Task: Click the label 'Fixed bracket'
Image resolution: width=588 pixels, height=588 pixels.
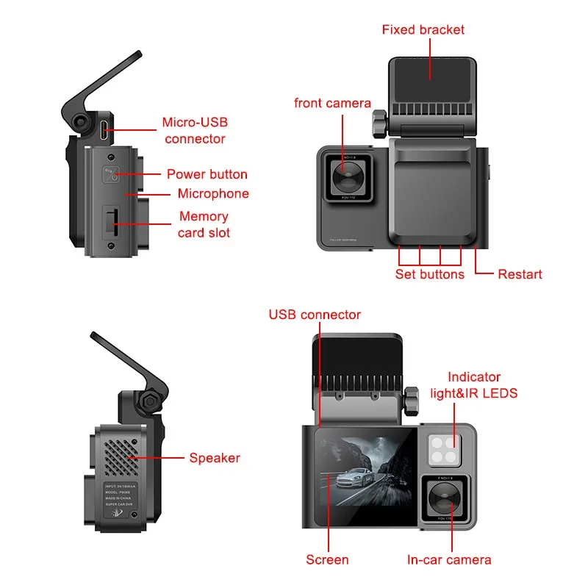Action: pyautogui.click(x=423, y=30)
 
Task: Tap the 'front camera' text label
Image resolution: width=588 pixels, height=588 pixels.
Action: pyautogui.click(x=332, y=104)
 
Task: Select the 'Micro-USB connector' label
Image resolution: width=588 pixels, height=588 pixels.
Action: pyautogui.click(x=195, y=130)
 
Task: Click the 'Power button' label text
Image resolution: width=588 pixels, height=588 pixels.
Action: pyautogui.click(x=207, y=175)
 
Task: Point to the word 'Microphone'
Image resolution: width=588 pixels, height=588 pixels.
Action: pyautogui.click(x=213, y=194)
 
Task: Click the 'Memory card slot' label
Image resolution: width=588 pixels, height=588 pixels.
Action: pyautogui.click(x=204, y=224)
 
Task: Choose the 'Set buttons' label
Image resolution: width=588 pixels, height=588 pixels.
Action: pyautogui.click(x=429, y=274)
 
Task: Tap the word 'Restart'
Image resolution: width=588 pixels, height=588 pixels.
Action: pyautogui.click(x=520, y=274)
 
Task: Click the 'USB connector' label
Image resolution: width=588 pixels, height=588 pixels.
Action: pyautogui.click(x=315, y=315)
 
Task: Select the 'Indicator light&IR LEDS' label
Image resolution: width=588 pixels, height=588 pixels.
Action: pyautogui.click(x=473, y=385)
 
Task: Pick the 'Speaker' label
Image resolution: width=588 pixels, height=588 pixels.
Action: pyautogui.click(x=215, y=458)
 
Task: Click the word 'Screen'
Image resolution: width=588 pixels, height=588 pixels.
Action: pyautogui.click(x=327, y=560)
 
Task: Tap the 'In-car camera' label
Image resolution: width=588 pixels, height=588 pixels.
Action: pyautogui.click(x=449, y=560)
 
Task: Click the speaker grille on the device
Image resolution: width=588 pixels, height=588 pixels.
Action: pyautogui.click(x=118, y=452)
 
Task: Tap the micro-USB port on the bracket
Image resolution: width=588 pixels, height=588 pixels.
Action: pyautogui.click(x=107, y=131)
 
